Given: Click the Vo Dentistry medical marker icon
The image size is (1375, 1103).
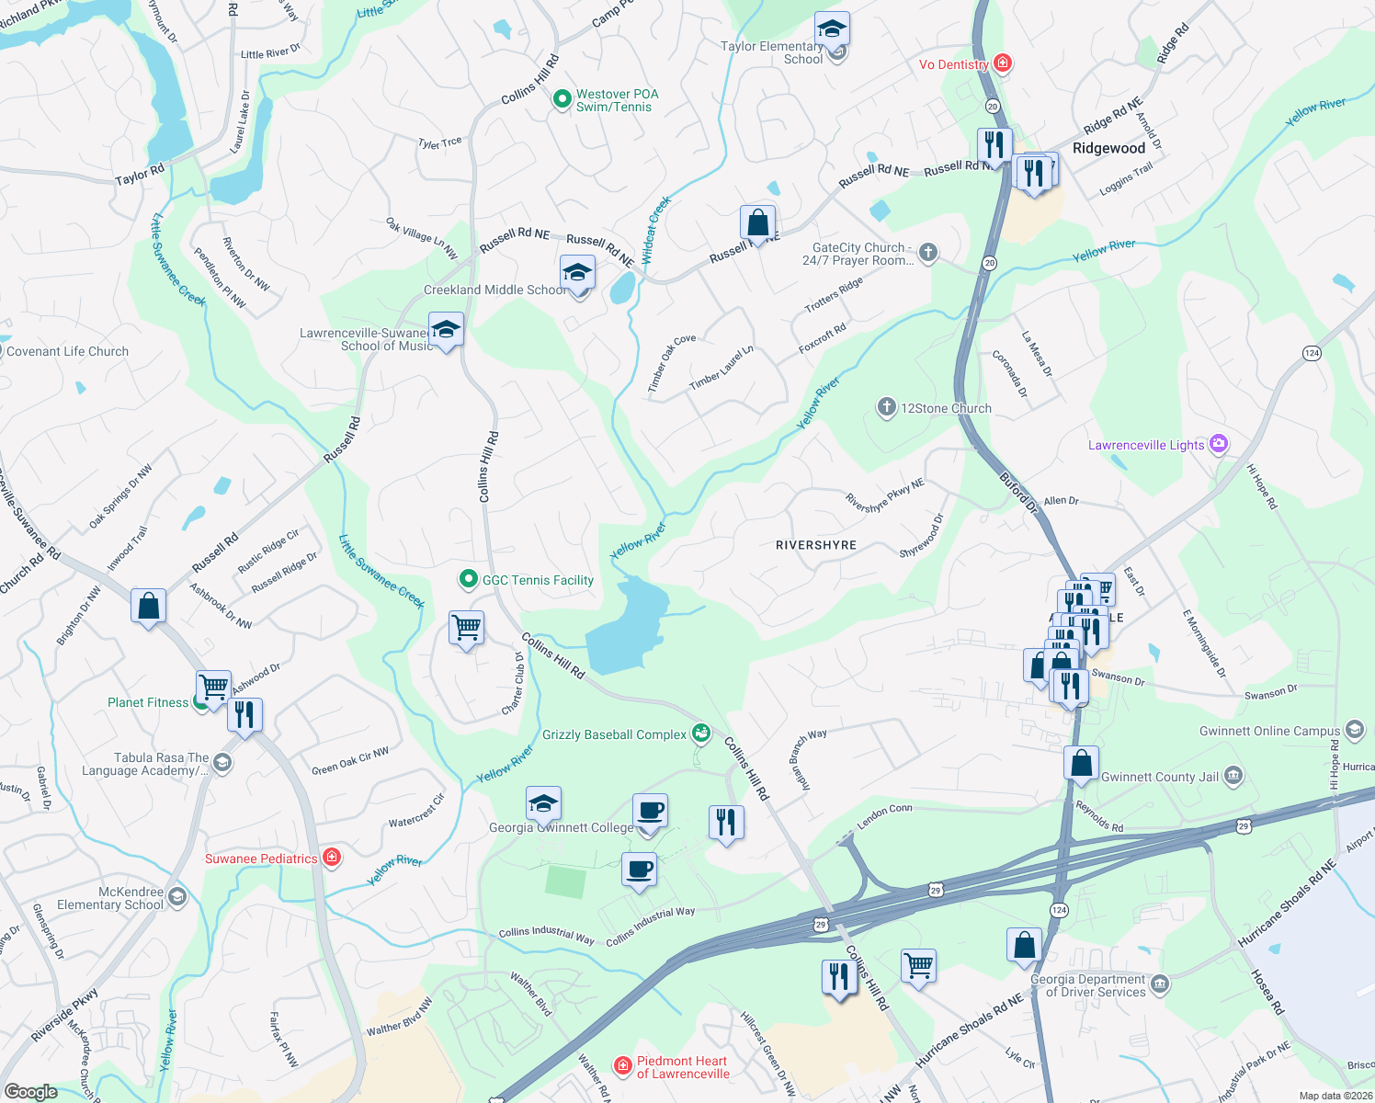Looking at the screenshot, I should (1003, 63).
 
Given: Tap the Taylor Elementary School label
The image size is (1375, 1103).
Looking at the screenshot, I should (771, 52).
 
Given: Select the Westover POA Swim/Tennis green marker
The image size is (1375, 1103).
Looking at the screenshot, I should (562, 99).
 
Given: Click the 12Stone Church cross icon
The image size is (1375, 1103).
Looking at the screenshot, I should (886, 407).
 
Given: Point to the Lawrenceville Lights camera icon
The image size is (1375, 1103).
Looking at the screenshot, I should (1219, 444).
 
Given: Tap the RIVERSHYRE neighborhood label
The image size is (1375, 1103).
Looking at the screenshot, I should (815, 545).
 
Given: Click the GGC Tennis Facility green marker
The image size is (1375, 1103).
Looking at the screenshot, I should (468, 579).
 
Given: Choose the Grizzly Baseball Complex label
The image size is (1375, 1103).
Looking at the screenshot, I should (614, 734).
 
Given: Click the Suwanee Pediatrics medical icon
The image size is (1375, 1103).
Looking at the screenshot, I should (332, 858).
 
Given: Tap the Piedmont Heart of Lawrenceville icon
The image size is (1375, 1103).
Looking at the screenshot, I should (623, 1065).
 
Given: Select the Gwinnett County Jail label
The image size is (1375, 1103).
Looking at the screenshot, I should (1159, 777).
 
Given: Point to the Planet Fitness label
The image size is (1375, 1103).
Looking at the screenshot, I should (147, 702).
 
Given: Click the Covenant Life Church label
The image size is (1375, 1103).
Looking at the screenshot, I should (67, 351).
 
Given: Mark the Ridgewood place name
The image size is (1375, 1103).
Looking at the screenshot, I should (1108, 148).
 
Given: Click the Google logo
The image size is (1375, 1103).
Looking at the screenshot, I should (31, 1091).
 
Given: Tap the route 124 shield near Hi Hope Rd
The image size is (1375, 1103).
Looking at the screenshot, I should (1312, 353).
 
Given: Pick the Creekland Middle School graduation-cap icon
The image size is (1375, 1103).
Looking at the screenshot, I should (577, 273).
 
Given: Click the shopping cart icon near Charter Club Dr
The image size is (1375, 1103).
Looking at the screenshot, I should (466, 628).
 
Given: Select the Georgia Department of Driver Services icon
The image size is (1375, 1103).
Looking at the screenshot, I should (1160, 985).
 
